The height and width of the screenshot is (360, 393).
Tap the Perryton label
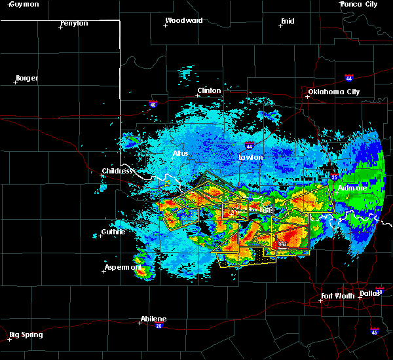pyautogui.click(x=74, y=23)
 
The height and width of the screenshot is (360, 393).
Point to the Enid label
pyautogui.click(x=287, y=21)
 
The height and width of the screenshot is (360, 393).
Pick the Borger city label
pyautogui.click(x=26, y=78)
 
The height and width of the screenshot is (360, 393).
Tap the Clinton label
pyautogui.click(x=210, y=90)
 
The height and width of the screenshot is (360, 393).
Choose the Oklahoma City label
pyautogui.click(x=334, y=92)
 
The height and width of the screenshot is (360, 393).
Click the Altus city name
pyautogui.click(x=180, y=153)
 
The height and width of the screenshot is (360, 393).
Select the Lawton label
pyautogui.click(x=251, y=157)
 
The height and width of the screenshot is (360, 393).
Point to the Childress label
pyautogui.click(x=117, y=171)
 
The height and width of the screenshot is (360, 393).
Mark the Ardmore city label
pyautogui.click(x=353, y=188)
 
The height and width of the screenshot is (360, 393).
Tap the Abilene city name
pyautogui.click(x=153, y=319)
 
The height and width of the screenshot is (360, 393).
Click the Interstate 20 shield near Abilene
pyautogui.click(x=159, y=326)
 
